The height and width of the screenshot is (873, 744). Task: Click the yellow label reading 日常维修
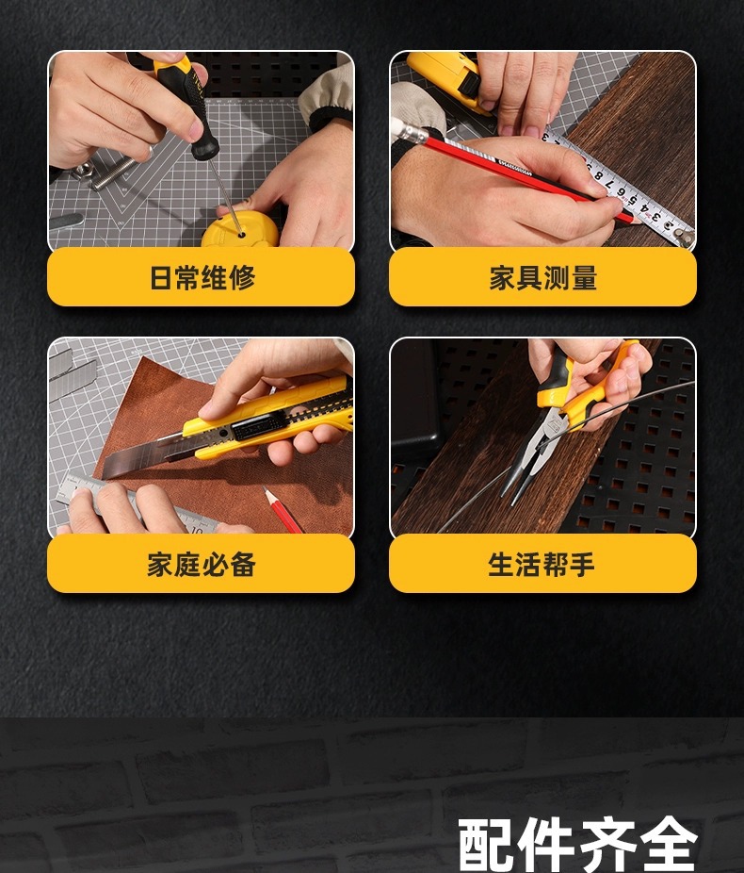[x=201, y=278]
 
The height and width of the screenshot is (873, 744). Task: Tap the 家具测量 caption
[x=542, y=278]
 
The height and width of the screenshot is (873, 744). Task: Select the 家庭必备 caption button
[x=201, y=565]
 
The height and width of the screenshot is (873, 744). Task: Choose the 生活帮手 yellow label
[x=542, y=565]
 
